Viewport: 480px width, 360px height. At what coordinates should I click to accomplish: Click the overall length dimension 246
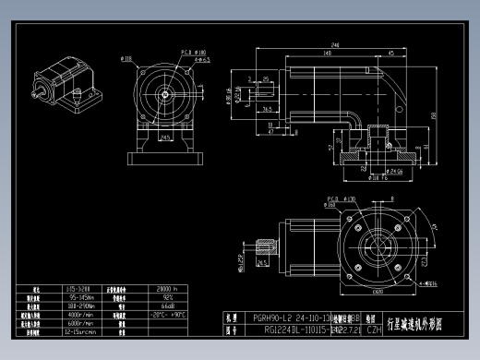[x=332, y=44]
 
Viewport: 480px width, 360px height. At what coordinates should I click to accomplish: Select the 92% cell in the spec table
[x=166, y=297]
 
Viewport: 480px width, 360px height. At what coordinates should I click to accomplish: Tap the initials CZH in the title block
[x=373, y=328]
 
